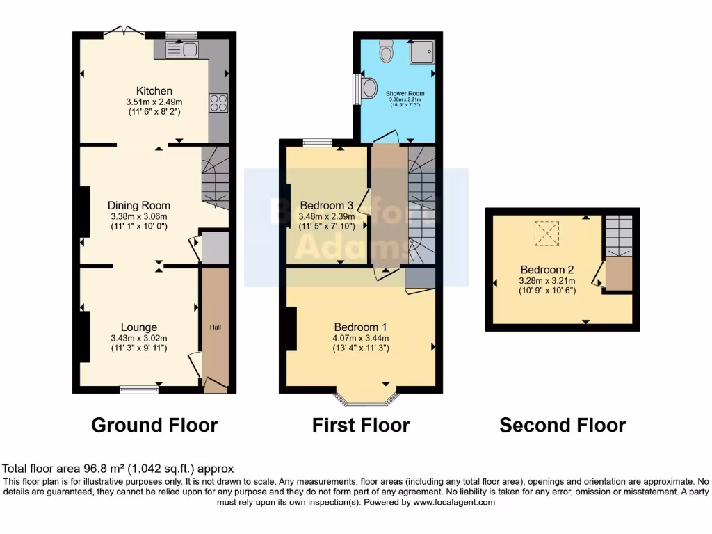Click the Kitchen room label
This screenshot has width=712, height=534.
click(x=154, y=91)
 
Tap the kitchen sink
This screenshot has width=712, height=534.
click(x=186, y=49)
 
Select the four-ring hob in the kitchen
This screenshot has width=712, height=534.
click(x=218, y=103)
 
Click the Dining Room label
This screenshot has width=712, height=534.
click(x=138, y=205)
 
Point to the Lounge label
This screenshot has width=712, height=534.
click(x=138, y=327)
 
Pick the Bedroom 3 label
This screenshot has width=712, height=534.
click(x=327, y=205)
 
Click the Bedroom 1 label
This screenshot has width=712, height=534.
click(x=360, y=327)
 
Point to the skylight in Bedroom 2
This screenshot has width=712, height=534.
click(x=547, y=233)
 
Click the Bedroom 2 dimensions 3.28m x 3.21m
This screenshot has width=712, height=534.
click(x=548, y=281)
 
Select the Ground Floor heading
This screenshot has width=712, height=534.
click(x=154, y=425)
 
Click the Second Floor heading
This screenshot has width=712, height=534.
click(x=563, y=425)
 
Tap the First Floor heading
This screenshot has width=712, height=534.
click(x=361, y=425)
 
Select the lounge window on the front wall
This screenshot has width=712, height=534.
click(x=138, y=390)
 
